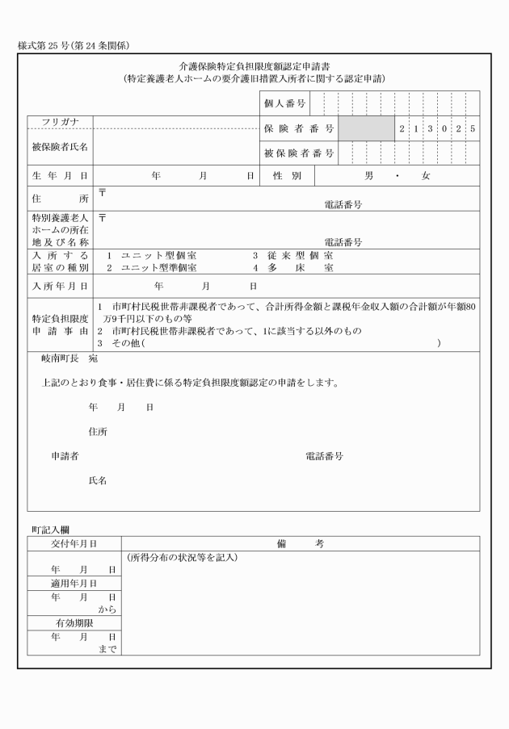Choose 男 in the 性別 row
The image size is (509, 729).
click(369, 174)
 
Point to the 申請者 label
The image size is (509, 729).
click(65, 456)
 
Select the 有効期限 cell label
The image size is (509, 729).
click(74, 623)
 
